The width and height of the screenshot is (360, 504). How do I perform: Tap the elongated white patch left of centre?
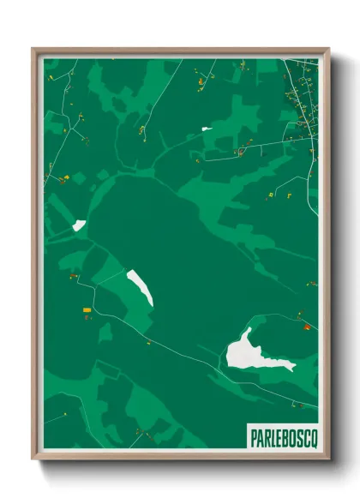pyautogui.click(x=141, y=286)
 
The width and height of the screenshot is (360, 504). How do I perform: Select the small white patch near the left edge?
pyautogui.click(x=79, y=225)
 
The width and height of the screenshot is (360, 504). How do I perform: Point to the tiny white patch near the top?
pyautogui.click(x=207, y=129)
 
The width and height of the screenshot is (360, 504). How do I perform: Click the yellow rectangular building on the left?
pyautogui.click(x=86, y=309)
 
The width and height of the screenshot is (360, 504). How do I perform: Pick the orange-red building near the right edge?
pyautogui.click(x=307, y=326)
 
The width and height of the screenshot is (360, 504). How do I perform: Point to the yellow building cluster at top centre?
pyautogui.click(x=201, y=81)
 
